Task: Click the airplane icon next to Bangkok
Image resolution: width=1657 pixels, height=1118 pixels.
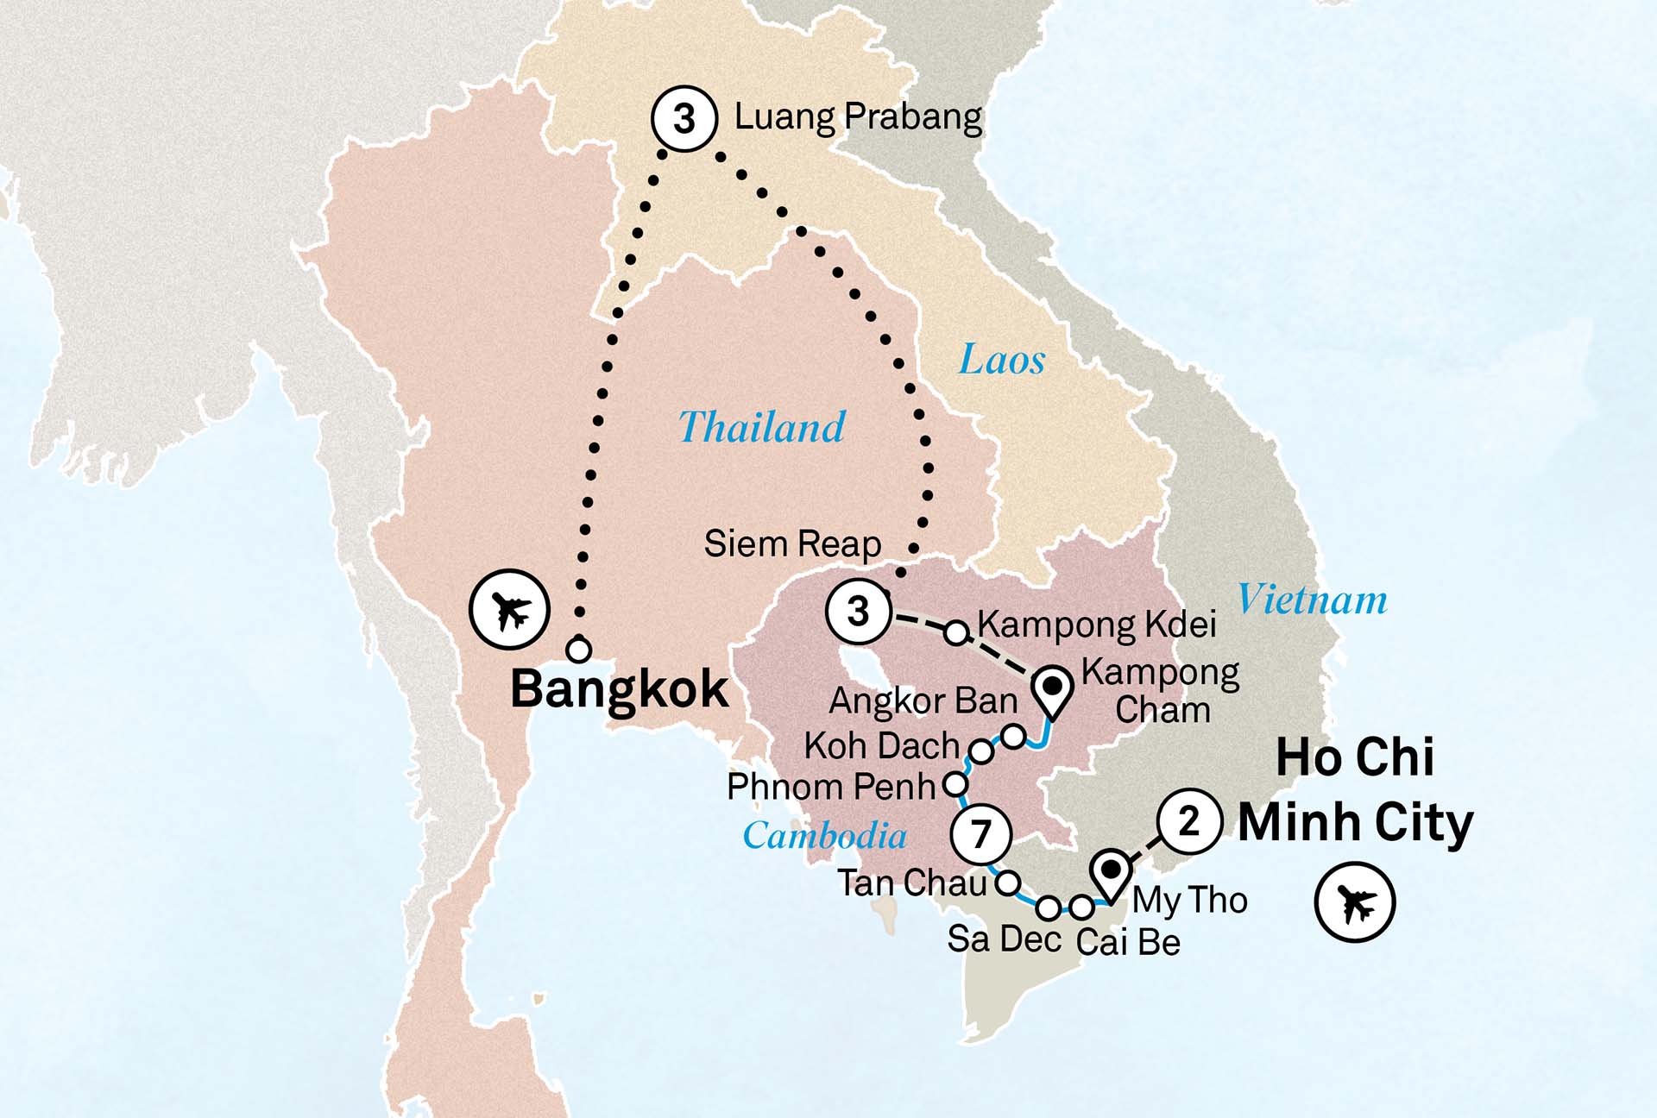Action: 509,610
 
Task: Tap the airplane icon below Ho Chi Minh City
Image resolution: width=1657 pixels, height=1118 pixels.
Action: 1354,902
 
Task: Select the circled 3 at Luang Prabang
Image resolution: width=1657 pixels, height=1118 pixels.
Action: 684,119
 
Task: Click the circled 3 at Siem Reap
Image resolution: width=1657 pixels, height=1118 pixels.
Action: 858,611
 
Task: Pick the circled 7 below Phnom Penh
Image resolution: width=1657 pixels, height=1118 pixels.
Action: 980,833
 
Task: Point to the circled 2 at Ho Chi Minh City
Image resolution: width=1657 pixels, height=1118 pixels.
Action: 1189,821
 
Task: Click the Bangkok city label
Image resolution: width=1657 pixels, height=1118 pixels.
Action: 619,689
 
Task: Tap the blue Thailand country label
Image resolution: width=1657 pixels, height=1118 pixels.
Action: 761,427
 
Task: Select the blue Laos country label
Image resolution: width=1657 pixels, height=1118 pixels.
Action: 1001,359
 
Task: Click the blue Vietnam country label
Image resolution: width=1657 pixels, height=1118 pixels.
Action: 1312,600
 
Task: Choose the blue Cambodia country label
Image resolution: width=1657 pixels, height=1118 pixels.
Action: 824,835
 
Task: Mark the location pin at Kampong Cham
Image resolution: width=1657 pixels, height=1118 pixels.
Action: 1053,690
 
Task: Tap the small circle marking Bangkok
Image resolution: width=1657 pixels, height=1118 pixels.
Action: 578,650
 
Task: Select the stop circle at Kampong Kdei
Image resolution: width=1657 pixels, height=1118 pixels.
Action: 956,632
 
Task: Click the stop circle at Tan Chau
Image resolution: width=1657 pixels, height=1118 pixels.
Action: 1008,882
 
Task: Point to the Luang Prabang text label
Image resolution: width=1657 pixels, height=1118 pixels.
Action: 858,116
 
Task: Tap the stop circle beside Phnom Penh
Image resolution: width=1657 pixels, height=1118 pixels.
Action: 955,784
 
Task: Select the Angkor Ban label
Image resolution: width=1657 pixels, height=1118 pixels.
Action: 923,701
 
